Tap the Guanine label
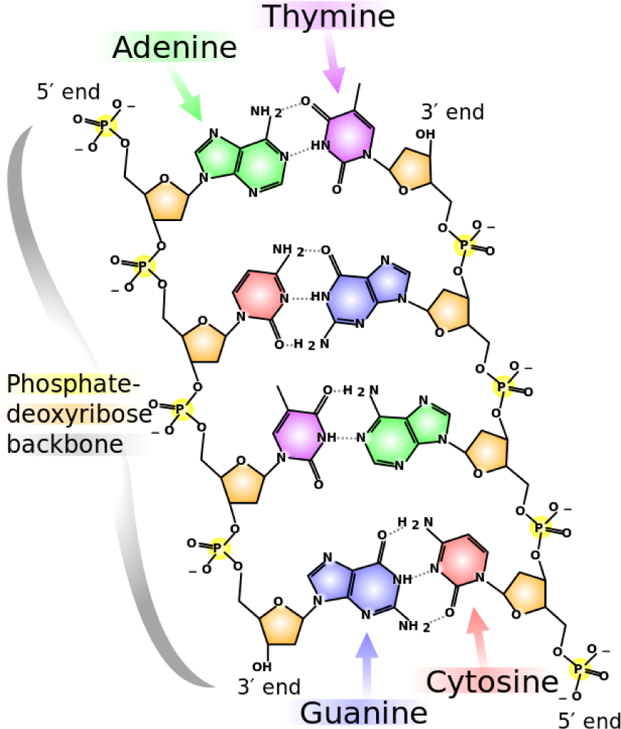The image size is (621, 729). (363, 713)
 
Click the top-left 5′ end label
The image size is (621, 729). (69, 91)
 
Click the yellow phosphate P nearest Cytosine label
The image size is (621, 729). (580, 670)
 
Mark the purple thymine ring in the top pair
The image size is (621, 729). (349, 136)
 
